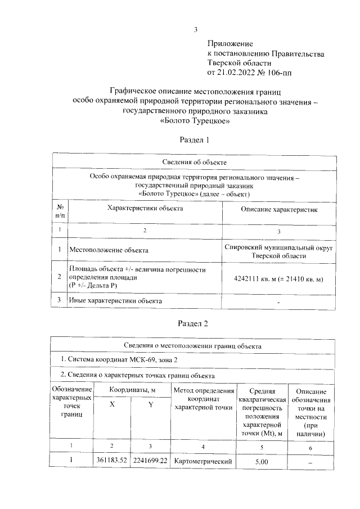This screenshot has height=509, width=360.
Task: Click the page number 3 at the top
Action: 195,30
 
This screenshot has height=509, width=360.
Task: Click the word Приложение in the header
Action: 231,43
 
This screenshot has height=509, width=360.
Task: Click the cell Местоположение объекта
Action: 109,249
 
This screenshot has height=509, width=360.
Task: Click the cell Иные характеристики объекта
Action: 115,301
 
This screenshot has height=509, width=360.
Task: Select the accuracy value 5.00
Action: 262,462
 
